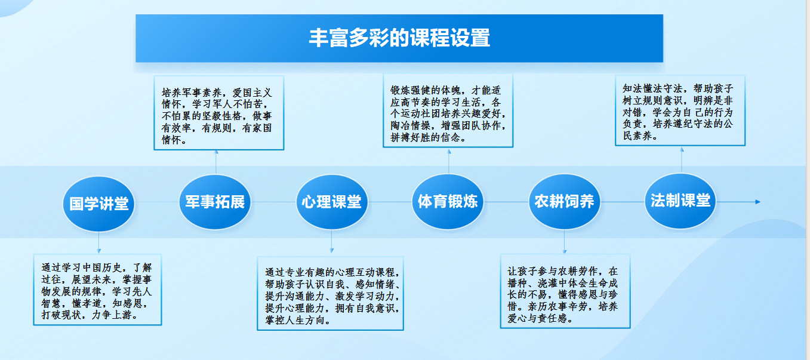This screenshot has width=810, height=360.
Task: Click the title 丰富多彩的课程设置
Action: [x=399, y=38]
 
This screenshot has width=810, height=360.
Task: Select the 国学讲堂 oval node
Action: [x=98, y=204]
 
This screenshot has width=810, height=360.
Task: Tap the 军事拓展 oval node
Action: [x=215, y=202]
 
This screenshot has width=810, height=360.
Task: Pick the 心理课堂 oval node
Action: [x=332, y=202]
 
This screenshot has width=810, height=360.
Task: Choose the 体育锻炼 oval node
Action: [x=448, y=202]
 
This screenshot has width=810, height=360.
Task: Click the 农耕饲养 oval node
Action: [x=565, y=202]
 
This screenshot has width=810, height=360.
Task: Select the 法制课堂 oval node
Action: [x=680, y=201]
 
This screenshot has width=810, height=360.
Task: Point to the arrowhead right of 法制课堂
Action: [x=757, y=202]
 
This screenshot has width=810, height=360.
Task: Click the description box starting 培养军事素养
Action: [x=219, y=113]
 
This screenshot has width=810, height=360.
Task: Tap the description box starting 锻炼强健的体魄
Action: [x=448, y=110]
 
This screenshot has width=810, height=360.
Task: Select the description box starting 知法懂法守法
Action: [x=680, y=110]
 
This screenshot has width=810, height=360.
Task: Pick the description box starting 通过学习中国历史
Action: [x=98, y=290]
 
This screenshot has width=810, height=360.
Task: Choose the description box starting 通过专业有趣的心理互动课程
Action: [x=330, y=293]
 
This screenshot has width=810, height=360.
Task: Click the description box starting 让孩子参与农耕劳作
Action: [x=565, y=291]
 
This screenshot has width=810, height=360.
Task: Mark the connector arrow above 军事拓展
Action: [x=216, y=162]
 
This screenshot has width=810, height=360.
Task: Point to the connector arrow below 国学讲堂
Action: [x=98, y=243]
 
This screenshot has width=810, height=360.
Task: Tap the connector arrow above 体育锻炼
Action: [x=449, y=161]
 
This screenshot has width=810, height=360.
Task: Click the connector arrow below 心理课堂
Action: [x=332, y=241]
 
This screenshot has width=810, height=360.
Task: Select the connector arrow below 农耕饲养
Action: [x=565, y=242]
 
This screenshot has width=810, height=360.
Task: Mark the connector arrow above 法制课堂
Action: [x=682, y=160]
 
